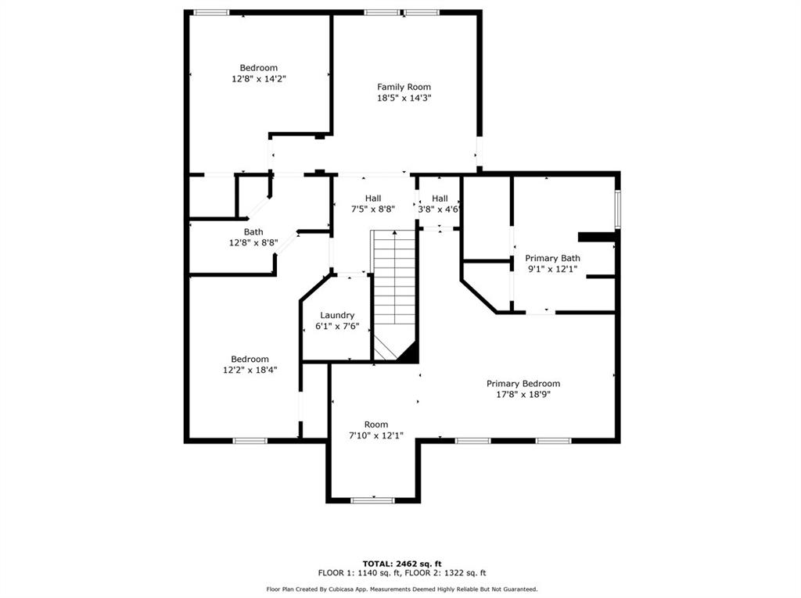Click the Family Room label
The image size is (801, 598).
(x=404, y=87)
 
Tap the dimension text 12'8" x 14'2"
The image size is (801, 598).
(x=258, y=79)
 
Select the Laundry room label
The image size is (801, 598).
(x=337, y=315)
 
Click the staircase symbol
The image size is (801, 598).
(x=393, y=289)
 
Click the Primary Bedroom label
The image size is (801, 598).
(x=523, y=383)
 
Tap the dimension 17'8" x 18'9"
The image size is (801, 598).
(x=523, y=395)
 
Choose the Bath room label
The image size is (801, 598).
(x=253, y=231)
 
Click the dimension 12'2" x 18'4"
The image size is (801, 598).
(x=250, y=371)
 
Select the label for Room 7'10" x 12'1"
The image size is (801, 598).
(x=376, y=424)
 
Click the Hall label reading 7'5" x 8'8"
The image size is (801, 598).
(x=373, y=199)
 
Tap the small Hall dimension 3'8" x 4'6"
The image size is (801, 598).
(x=440, y=209)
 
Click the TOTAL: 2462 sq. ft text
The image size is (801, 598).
(x=402, y=563)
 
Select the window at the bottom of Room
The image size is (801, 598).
(x=372, y=500)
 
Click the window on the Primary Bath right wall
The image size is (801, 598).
(x=617, y=209)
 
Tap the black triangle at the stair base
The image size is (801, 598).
(x=407, y=353)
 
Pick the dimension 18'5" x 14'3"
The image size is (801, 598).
(x=404, y=98)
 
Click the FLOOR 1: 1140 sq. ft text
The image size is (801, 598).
(x=355, y=573)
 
